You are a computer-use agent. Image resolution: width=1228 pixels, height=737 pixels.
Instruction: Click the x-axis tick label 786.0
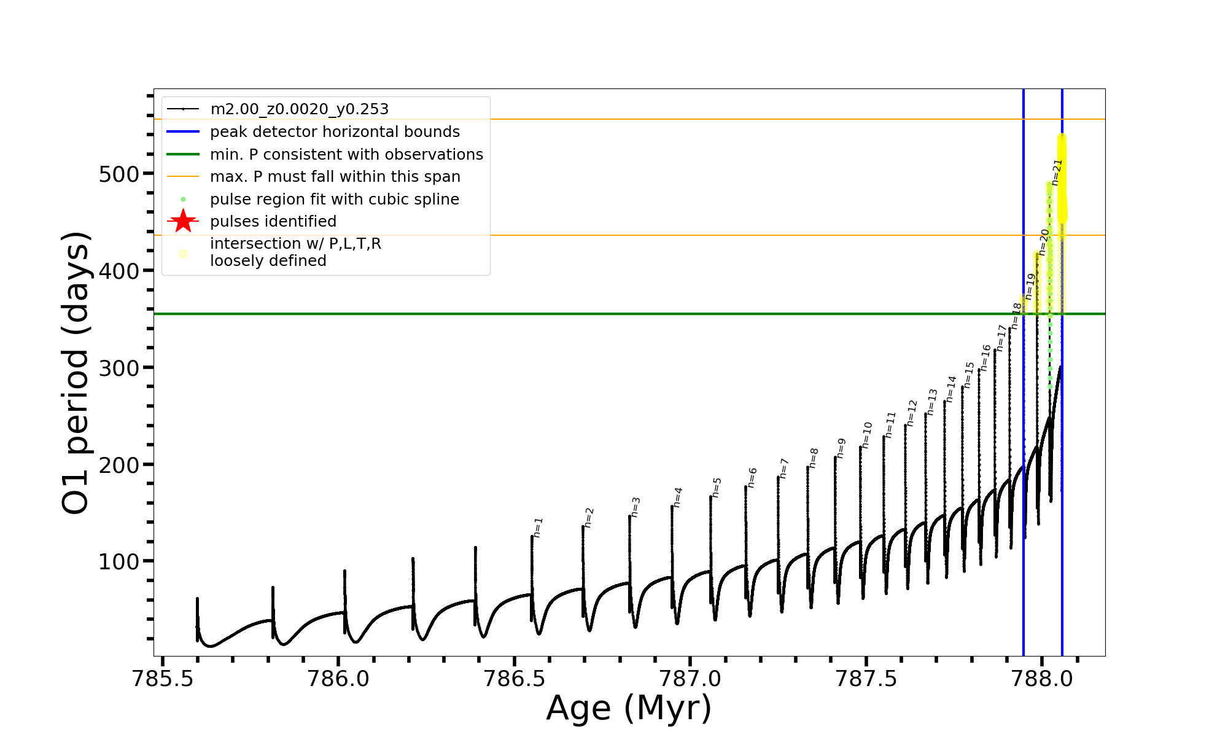338,679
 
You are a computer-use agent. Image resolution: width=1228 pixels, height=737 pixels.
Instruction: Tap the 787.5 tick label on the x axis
866,679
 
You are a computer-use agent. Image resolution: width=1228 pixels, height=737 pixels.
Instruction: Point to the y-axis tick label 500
119,174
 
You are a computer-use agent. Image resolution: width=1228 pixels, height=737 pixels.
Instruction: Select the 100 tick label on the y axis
119,562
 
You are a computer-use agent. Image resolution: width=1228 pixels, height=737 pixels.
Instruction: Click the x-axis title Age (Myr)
629,708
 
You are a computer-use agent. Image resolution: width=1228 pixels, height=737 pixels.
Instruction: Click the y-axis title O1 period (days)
76,373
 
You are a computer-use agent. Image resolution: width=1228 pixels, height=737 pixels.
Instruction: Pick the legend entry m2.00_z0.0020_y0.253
299,109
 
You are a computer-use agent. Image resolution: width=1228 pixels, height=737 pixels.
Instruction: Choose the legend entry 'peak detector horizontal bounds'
335,132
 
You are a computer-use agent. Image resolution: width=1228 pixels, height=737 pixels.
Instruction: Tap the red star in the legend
183,221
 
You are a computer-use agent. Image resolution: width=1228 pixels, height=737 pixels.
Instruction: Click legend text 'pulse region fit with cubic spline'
334,200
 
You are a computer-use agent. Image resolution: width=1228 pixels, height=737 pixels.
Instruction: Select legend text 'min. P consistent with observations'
346,155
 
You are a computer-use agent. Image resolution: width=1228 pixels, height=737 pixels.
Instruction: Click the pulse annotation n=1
538,528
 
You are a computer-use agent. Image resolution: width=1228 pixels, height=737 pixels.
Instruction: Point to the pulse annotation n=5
717,488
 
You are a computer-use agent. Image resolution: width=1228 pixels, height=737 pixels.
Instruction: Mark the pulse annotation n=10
867,435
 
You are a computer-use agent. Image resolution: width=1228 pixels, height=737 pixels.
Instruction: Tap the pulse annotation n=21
1057,173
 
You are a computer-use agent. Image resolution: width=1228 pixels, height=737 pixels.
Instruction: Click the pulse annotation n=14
951,389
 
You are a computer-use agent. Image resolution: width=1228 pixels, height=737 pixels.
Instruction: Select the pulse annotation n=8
814,458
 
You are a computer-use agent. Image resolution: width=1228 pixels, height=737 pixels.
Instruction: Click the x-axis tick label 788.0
1042,679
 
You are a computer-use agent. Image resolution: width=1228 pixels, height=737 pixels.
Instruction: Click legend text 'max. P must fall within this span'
335,177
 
